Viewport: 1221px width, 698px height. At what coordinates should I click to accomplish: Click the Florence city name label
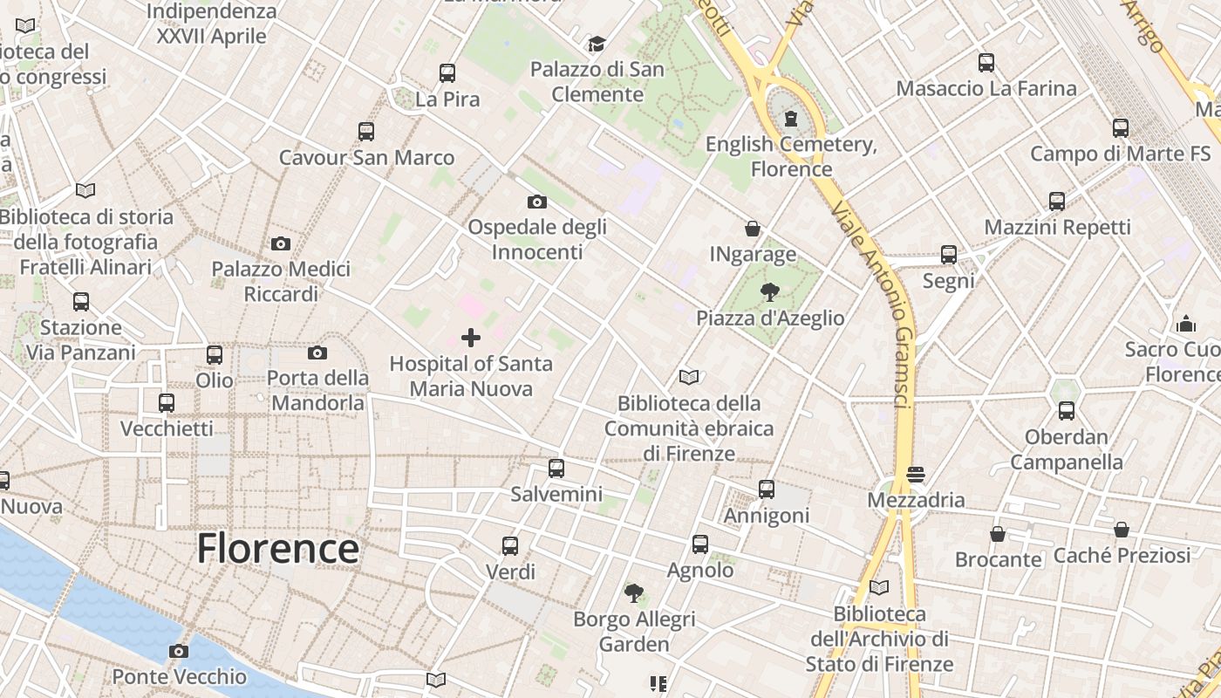pos(277,549)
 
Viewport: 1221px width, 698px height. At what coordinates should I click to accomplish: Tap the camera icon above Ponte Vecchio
pos(179,652)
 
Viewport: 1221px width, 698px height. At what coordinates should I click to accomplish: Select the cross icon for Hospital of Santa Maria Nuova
pos(471,338)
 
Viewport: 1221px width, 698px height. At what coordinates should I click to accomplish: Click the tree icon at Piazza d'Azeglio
pos(769,291)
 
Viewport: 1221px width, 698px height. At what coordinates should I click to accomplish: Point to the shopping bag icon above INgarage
pos(753,229)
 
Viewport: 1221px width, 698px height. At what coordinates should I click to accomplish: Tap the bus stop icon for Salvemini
pos(556,469)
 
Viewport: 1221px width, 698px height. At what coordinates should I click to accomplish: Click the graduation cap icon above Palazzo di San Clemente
pos(597,44)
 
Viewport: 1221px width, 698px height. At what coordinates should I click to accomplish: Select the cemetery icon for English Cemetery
pos(791,118)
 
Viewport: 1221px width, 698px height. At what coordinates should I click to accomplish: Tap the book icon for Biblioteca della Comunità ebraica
pos(689,378)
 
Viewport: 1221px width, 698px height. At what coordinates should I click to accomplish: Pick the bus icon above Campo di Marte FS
pos(1121,128)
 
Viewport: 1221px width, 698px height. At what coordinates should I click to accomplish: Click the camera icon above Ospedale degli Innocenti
pos(537,202)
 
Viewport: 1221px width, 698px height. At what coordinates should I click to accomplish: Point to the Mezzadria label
pos(916,500)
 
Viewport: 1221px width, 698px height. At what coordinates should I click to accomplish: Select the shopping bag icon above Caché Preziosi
pos(1122,530)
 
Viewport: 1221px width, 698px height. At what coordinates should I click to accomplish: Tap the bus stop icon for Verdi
pos(510,546)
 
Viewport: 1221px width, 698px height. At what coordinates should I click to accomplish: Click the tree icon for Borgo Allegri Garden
pos(634,593)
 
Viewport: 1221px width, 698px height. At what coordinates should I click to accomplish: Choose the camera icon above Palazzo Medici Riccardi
pos(281,243)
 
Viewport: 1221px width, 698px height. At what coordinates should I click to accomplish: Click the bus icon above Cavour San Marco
pos(366,132)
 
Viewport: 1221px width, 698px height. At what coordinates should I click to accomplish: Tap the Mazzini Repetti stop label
pos(1057,228)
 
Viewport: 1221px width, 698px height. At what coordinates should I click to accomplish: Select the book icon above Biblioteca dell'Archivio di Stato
pos(879,588)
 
